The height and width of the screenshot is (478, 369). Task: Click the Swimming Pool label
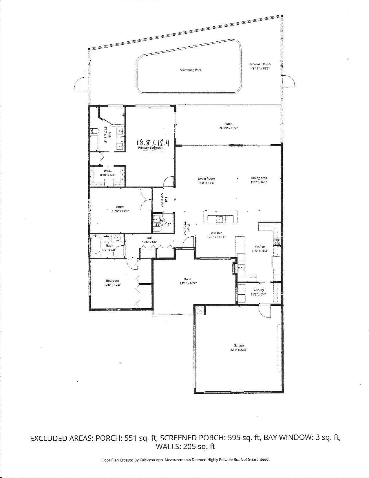pyautogui.click(x=190, y=70)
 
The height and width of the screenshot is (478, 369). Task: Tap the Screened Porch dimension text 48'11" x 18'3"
pyautogui.click(x=261, y=69)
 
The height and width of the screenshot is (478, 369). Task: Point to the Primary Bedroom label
pyautogui.click(x=150, y=147)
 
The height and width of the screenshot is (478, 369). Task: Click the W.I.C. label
pyautogui.click(x=107, y=171)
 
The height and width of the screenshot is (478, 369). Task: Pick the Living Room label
pyautogui.click(x=206, y=178)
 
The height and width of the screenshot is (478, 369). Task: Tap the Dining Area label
pyautogui.click(x=259, y=178)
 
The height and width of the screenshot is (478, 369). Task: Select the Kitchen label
pyautogui.click(x=260, y=247)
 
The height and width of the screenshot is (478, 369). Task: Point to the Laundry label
pyautogui.click(x=258, y=290)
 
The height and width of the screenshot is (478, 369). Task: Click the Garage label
pyautogui.click(x=239, y=345)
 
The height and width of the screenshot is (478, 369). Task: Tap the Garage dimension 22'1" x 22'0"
pyautogui.click(x=239, y=350)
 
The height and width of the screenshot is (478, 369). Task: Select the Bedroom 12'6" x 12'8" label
pyautogui.click(x=112, y=280)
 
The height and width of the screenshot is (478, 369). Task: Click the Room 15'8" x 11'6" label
pyautogui.click(x=120, y=207)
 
